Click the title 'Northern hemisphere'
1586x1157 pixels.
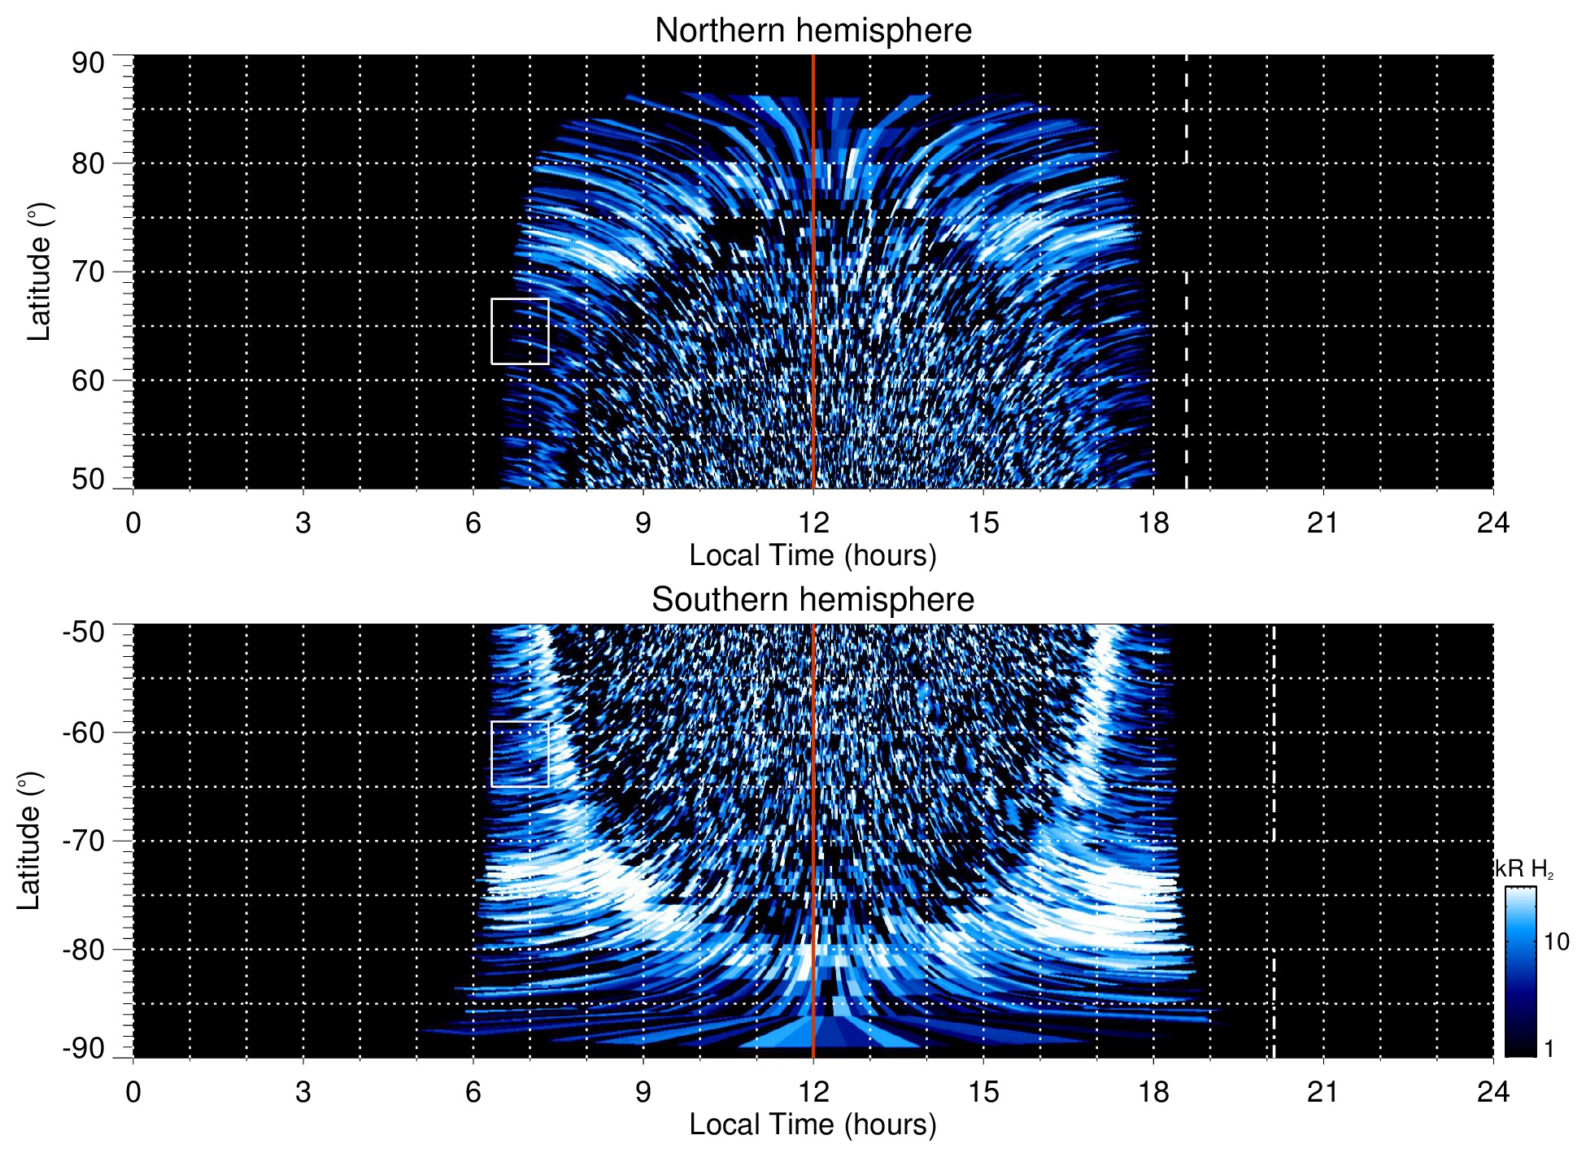coord(813,31)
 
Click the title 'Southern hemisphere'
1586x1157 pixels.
coord(813,600)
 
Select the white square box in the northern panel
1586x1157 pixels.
coord(520,331)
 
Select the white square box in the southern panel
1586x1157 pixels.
coord(520,754)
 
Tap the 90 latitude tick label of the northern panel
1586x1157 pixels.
coord(88,63)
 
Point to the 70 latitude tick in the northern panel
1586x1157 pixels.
coord(88,272)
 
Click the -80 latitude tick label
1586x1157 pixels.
coord(83,950)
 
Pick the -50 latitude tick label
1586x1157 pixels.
coord(83,632)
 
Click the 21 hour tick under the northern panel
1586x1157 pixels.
coord(1322,523)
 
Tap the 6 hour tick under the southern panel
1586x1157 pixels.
coord(473,1092)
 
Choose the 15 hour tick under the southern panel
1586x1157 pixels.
coord(983,1092)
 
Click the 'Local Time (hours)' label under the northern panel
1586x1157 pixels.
coord(813,555)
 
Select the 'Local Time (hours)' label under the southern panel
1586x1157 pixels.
coord(813,1124)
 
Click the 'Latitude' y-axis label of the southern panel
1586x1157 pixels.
coord(29,841)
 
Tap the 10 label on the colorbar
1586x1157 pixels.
coord(1556,942)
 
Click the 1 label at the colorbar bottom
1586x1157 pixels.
coord(1549,1049)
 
